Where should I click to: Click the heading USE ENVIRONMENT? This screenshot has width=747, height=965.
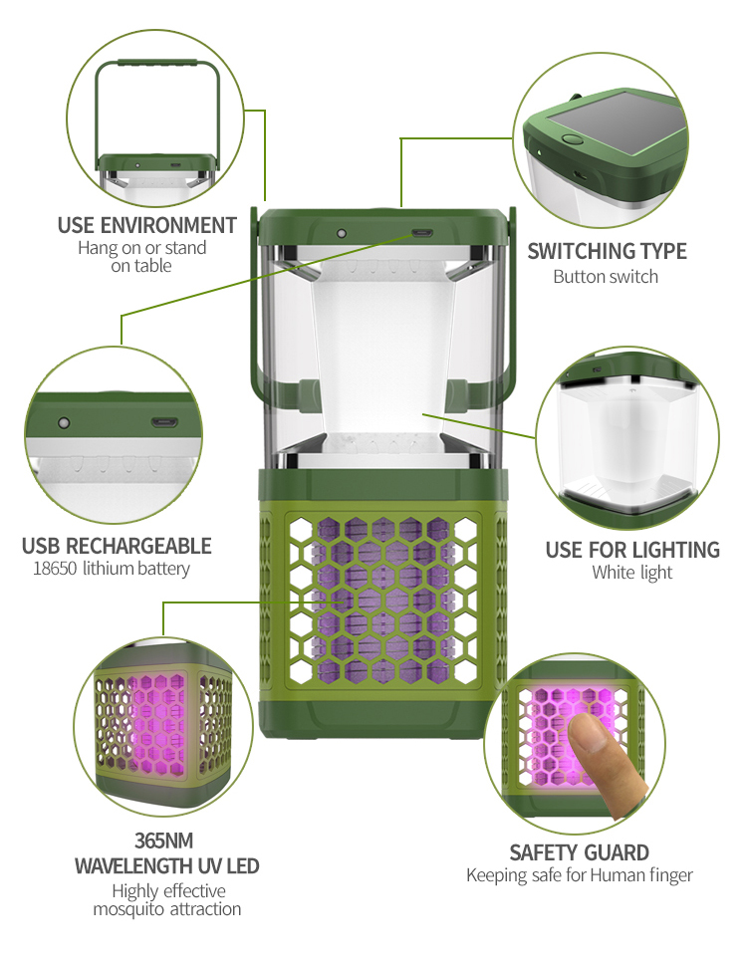coord(147,225)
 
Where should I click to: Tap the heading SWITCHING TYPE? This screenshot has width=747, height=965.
coord(607,251)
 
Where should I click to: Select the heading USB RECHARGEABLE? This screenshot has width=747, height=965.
coord(117,546)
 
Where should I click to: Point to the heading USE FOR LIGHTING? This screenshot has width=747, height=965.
coord(631,550)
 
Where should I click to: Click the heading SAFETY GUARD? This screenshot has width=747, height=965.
coord(579,852)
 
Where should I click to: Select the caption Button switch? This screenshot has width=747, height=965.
coord(606,276)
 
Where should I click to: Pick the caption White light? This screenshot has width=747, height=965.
coord(631,573)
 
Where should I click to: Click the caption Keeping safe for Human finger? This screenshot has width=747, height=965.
coord(579,875)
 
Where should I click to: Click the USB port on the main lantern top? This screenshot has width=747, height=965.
coord(420,234)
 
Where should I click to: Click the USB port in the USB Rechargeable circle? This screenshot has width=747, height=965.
coord(165,421)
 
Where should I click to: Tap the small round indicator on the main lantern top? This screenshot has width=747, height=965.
coord(341,233)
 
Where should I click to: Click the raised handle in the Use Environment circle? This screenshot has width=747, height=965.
coord(157,64)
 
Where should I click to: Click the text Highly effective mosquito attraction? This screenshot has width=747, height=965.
coord(166,899)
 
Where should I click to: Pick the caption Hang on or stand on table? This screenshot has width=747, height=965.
coord(141,257)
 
